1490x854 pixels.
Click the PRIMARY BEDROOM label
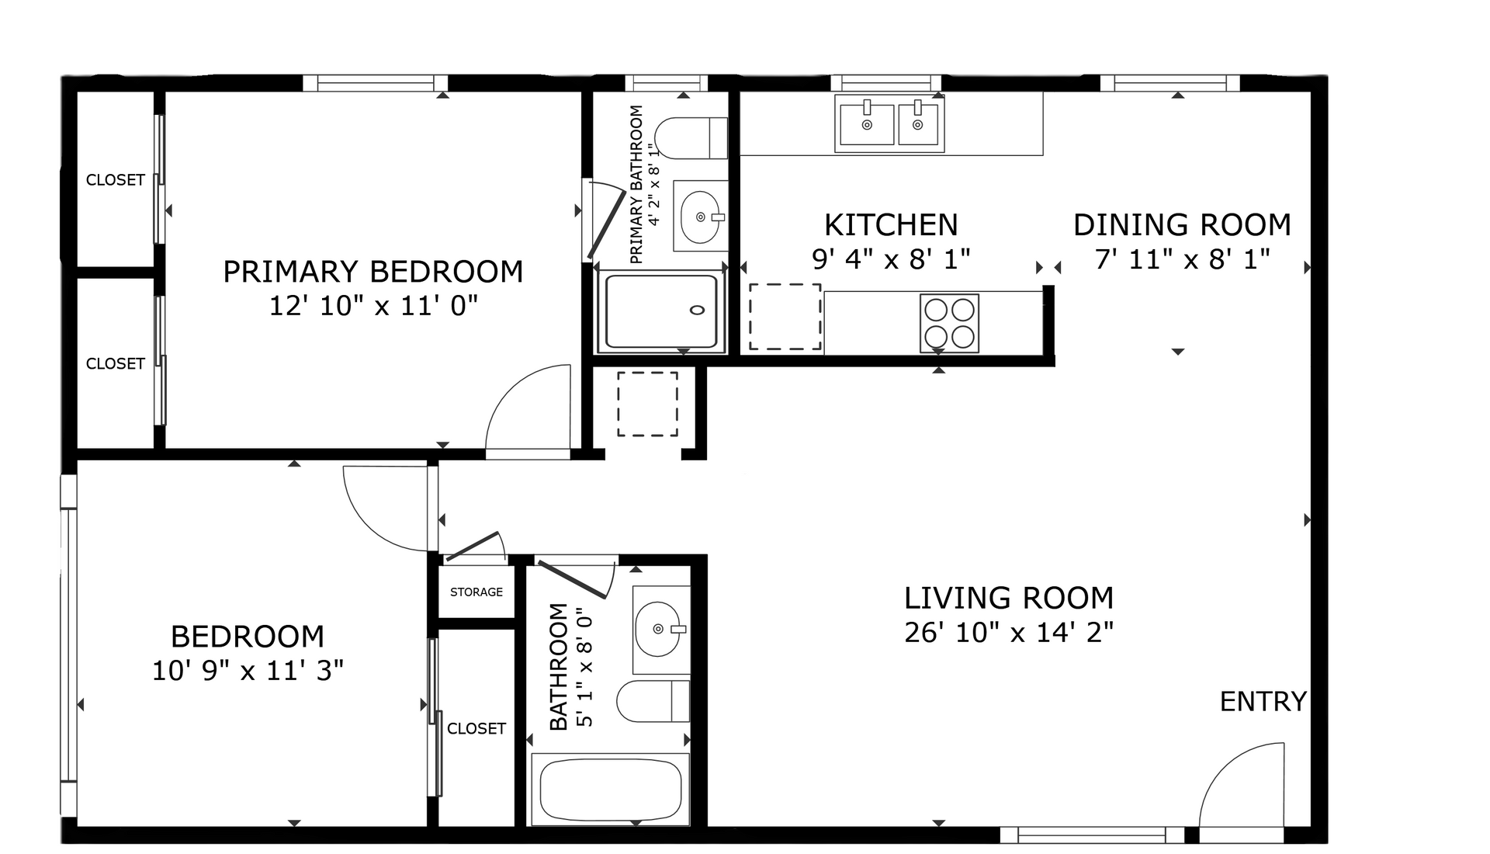[372, 272]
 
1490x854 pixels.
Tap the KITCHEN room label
[891, 225]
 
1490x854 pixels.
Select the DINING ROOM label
[1182, 225]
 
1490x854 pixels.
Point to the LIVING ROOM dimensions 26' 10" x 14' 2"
[1009, 633]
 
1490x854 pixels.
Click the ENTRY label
[1263, 702]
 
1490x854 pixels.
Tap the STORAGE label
[476, 592]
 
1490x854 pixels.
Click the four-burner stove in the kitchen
[949, 323]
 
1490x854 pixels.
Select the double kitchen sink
[890, 123]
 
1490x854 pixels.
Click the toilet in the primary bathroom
[691, 138]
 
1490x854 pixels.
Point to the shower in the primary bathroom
[661, 311]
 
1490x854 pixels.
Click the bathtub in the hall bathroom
[611, 790]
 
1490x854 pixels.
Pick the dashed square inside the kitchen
[785, 317]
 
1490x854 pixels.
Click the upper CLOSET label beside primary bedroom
[115, 180]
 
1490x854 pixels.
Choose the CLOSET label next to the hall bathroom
[476, 729]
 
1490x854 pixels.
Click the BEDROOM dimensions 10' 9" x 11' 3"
[248, 671]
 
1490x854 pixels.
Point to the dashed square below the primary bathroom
[648, 404]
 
